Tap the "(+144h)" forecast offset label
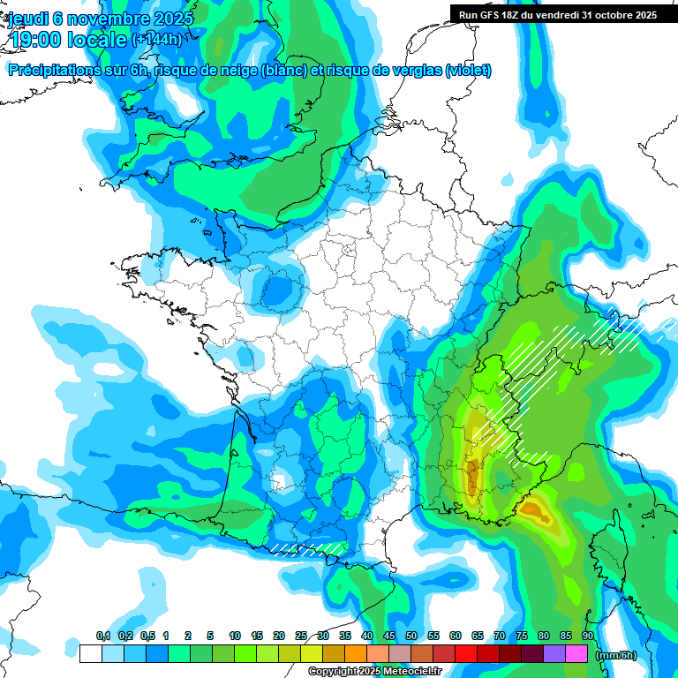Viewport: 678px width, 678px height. tap(156, 39)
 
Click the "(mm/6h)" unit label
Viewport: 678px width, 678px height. tap(616, 655)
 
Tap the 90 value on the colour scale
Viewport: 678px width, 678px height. tap(588, 637)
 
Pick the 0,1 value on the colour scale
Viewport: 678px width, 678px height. tap(103, 637)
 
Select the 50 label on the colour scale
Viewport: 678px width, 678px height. tap(411, 637)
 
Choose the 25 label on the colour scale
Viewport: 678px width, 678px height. tap(301, 637)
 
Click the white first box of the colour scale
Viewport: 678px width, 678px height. tap(90, 654)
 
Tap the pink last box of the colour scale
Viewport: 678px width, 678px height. tap(576, 654)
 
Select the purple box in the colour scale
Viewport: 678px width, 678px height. tap(554, 654)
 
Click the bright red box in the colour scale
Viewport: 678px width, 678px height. tap(466, 654)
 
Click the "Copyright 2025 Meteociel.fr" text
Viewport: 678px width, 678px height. tap(375, 671)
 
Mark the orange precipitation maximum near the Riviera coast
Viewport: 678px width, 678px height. tap(535, 509)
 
